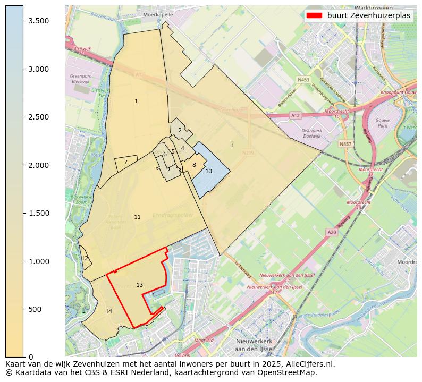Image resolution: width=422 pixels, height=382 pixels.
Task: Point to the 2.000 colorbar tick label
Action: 39,165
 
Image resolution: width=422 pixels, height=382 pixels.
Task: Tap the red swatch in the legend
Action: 314,16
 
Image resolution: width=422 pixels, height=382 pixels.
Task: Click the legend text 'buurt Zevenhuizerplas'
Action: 369,16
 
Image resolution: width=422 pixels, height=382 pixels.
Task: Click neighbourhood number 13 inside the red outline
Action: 139,285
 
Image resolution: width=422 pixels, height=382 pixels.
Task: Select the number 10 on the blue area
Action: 208,171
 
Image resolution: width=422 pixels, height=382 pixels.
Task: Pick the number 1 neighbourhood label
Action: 136,101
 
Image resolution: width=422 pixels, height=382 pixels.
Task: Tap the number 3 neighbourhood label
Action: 232,145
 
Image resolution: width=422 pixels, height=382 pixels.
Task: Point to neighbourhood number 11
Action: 137,217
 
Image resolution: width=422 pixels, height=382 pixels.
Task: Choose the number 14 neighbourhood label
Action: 108,312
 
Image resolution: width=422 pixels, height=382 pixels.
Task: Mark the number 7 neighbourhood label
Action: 125,163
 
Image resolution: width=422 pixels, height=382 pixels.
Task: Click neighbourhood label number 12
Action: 85,259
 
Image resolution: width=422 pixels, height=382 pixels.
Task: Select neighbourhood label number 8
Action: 194,165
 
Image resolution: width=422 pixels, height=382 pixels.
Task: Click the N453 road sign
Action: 303,80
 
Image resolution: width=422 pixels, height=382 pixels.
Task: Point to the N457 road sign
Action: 345,144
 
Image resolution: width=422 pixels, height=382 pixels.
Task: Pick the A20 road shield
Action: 332,232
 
